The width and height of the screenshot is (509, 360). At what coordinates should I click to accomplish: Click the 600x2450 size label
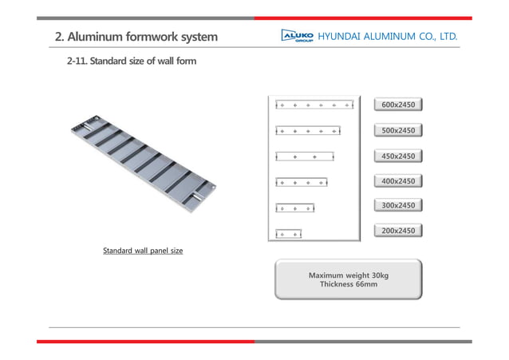pos(398,105)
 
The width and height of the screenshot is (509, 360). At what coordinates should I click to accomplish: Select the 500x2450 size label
pos(398,130)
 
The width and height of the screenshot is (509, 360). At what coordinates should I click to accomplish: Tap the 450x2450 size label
pos(398,156)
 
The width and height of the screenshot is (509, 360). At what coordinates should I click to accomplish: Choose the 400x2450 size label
pos(398,181)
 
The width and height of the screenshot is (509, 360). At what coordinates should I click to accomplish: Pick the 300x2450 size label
pos(398,205)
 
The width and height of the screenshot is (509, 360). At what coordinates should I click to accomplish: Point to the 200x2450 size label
pos(398,231)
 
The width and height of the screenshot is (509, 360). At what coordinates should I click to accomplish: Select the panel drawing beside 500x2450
pos(308,130)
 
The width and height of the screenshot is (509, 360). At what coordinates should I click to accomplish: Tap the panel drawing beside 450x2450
pos(305,156)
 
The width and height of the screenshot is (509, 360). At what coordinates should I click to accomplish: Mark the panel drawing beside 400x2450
pos(302,181)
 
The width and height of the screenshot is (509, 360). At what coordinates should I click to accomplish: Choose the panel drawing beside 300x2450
pos(295,208)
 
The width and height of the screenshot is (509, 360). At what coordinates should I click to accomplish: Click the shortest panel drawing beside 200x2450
pos(289,234)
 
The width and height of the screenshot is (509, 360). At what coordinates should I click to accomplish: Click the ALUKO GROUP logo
pos(297,37)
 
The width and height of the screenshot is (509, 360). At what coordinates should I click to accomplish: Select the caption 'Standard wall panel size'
pos(143,251)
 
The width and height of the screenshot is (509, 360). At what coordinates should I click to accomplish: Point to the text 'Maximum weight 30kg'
pos(349,275)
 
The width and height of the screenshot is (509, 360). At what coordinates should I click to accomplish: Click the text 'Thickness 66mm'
pos(349,284)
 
